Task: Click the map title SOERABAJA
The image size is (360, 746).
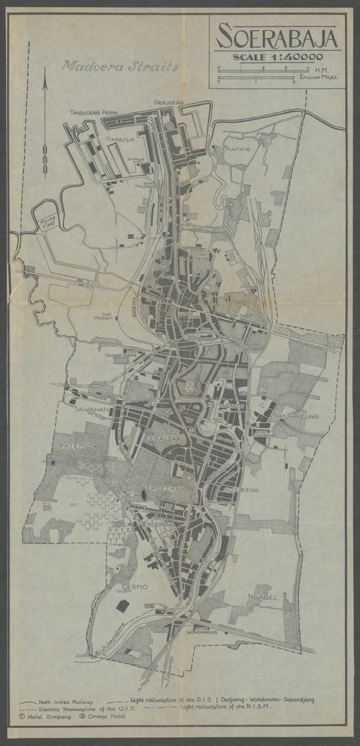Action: [277, 37]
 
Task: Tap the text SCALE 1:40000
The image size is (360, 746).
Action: [278, 57]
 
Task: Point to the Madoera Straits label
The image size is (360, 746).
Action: [120, 66]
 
